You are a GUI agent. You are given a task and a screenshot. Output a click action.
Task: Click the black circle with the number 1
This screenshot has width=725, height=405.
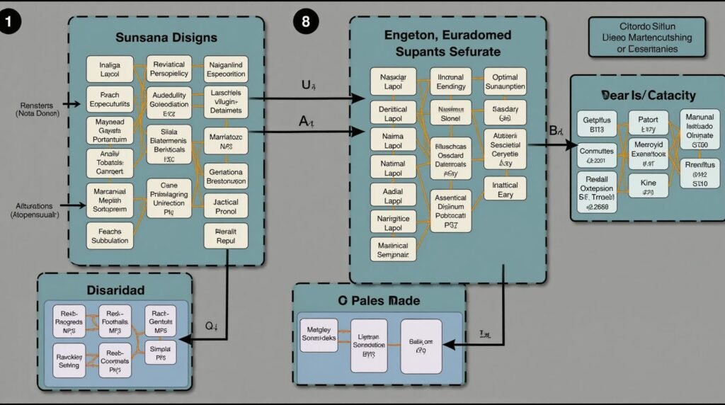point(12,21)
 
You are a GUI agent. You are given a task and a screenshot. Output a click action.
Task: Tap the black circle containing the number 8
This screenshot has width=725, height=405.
point(305,21)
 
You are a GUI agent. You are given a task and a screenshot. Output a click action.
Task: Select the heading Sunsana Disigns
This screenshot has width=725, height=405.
point(166,37)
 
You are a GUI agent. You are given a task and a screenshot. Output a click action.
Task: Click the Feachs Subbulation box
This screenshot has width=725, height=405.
point(110,236)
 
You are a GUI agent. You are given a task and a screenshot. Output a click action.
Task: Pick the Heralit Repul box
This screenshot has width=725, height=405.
point(225,235)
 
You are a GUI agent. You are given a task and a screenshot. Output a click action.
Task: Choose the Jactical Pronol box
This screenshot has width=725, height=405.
point(225,207)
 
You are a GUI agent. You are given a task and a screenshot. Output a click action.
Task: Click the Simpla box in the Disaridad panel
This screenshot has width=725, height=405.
point(160,351)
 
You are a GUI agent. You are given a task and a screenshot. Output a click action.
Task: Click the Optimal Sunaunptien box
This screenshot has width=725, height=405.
point(505,81)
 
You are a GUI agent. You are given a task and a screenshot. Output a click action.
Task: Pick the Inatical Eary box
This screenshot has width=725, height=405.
point(505,190)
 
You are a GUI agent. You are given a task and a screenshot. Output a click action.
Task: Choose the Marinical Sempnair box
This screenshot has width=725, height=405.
point(393,249)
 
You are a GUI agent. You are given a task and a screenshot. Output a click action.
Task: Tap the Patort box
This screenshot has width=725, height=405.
point(648,125)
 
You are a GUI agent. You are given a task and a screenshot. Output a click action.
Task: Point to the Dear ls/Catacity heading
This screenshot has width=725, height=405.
point(648,95)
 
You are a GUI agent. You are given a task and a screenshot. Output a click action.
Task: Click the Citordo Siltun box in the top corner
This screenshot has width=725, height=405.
point(646,37)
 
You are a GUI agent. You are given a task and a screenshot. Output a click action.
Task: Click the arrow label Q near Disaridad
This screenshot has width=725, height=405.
point(210,326)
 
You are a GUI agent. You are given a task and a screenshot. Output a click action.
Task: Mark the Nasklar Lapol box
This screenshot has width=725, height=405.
point(393,81)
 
